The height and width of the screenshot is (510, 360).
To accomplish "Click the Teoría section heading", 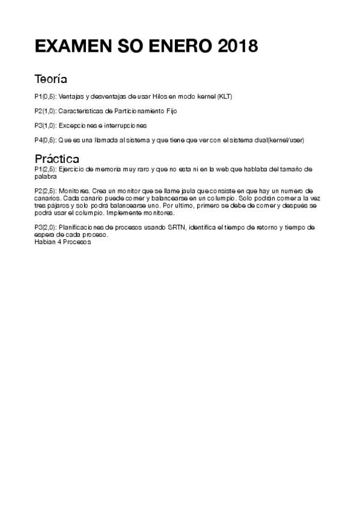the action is [x=50, y=79].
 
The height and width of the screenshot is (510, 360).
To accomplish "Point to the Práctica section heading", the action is [x=57, y=159].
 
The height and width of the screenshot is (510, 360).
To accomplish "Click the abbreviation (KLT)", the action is [x=224, y=96].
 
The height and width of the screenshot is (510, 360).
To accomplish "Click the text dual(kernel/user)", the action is [x=278, y=140].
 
